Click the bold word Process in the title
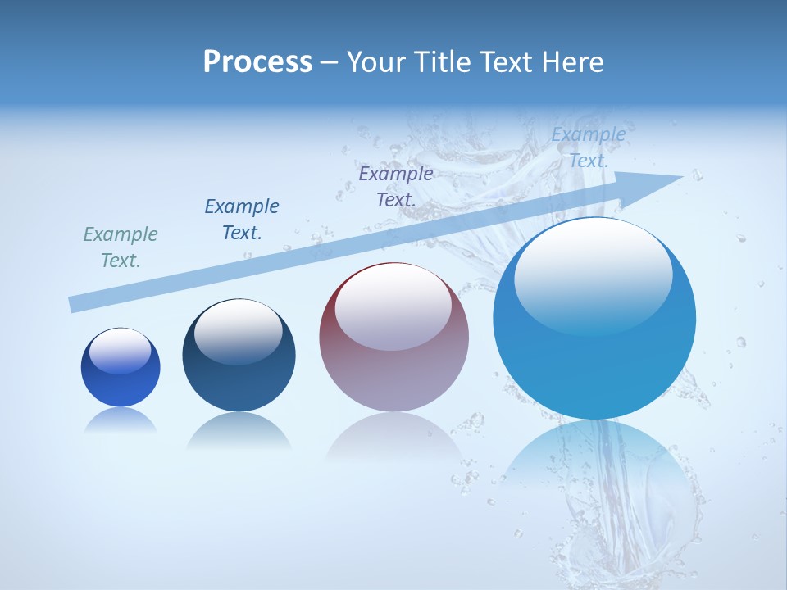coord(257,62)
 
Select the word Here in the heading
coord(571,62)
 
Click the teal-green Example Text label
coord(121,247)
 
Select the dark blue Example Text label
coord(242,219)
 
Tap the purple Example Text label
coord(396,186)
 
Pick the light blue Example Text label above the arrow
coord(589,147)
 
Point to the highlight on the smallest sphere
coord(121,351)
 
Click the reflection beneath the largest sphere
coord(594,467)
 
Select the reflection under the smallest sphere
coord(121,421)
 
